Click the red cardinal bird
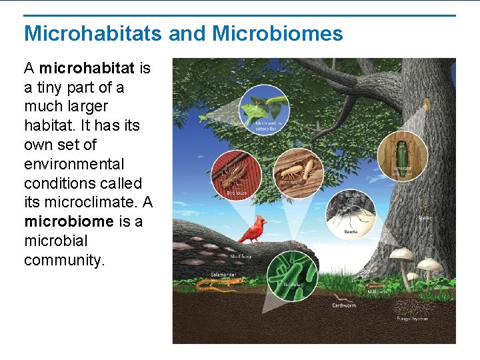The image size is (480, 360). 252,231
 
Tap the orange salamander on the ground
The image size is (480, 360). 217,286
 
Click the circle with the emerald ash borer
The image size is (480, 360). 402,156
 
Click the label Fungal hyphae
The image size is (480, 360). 413,319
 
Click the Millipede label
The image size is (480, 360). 377,292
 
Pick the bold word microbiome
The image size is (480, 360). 69,221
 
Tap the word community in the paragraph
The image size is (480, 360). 65,260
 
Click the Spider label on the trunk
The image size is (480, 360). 424,217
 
